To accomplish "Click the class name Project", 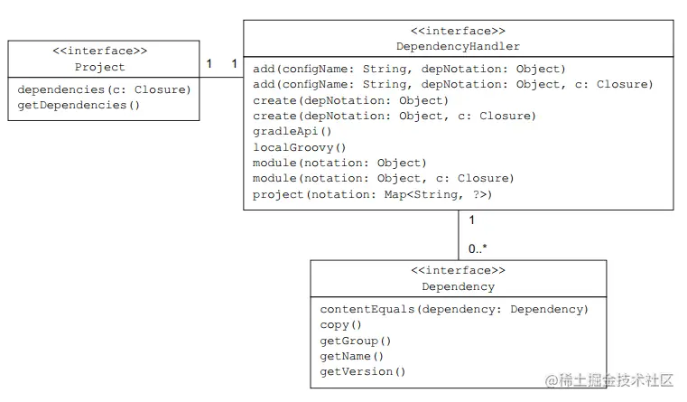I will pyautogui.click(x=100, y=67).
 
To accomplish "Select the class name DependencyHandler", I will pyautogui.click(x=458, y=46).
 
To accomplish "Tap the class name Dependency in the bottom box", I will pyautogui.click(x=458, y=286).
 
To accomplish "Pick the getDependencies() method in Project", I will pyautogui.click(x=79, y=105).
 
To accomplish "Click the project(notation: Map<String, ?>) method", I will pyautogui.click(x=372, y=193).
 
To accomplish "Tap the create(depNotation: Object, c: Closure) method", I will pyautogui.click(x=395, y=116).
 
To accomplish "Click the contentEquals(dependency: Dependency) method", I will pyautogui.click(x=454, y=309).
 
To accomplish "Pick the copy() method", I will pyautogui.click(x=340, y=324).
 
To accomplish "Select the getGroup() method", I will pyautogui.click(x=356, y=341).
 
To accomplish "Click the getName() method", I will pyautogui.click(x=352, y=356).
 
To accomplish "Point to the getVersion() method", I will pyautogui.click(x=363, y=371).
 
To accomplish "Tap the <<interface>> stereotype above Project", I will pyautogui.click(x=100, y=51).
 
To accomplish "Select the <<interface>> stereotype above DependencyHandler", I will pyautogui.click(x=458, y=31).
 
